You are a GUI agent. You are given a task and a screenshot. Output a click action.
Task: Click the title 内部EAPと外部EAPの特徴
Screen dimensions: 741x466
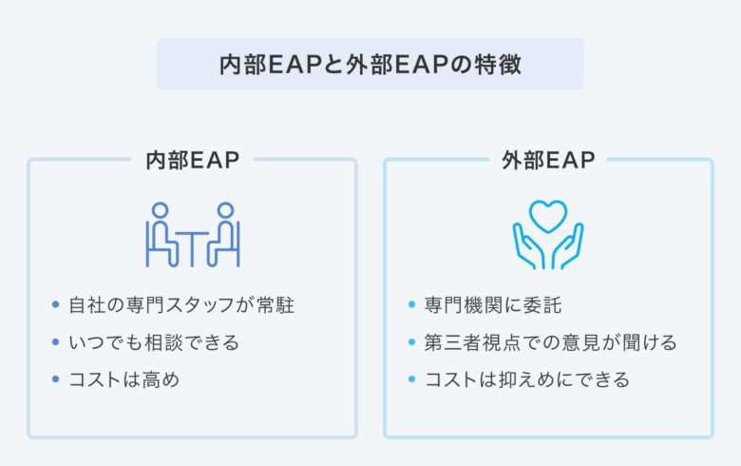click(370, 65)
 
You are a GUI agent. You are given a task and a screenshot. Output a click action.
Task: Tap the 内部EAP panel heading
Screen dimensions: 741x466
click(192, 161)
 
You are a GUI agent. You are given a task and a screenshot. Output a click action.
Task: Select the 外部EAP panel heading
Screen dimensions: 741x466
click(548, 161)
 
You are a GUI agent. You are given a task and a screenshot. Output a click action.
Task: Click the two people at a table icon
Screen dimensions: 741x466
click(193, 235)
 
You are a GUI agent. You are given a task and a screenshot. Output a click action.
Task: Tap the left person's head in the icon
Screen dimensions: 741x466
click(161, 210)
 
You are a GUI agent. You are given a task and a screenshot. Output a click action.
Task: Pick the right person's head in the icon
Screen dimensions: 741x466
click(225, 210)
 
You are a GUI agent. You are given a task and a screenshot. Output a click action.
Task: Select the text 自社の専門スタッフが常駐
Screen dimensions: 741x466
click(181, 305)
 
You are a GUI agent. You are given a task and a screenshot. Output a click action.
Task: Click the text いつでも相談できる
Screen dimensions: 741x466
click(154, 342)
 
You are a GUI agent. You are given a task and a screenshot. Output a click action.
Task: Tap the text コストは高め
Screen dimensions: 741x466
click(124, 379)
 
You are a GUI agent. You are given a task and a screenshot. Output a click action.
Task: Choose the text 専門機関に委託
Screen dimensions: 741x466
click(493, 305)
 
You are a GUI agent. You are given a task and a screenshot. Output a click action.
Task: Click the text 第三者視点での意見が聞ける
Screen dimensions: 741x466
click(551, 342)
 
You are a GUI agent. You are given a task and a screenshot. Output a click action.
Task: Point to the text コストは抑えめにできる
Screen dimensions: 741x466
click(527, 379)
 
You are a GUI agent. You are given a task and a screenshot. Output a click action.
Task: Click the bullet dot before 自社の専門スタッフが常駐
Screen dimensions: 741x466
click(56, 304)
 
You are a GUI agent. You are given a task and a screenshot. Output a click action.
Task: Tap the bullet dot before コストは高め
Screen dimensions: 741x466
click(56, 379)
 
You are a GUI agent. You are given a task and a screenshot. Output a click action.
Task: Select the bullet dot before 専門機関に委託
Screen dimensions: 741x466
click(411, 304)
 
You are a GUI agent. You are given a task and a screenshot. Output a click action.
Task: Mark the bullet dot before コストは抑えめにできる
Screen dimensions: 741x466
click(411, 379)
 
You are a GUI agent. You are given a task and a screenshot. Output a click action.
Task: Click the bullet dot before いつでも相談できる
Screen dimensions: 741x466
click(56, 341)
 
